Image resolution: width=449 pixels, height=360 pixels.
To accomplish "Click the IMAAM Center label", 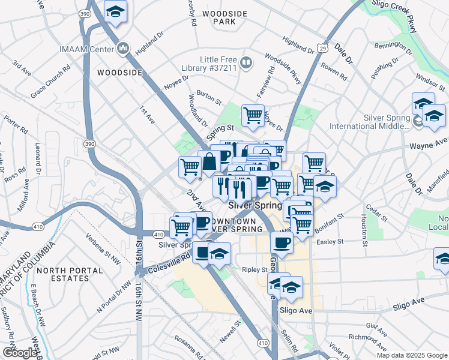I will tap(88, 48).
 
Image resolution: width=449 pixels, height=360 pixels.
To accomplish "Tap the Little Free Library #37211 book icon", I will tap(246, 62).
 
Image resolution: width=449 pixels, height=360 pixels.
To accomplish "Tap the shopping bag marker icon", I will tap(209, 161).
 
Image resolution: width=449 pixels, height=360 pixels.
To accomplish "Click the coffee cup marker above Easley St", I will tap(280, 241).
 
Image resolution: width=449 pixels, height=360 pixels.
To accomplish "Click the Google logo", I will tap(20, 353).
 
